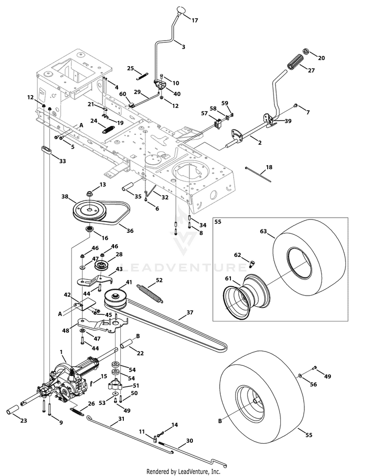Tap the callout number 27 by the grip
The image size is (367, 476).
click(311, 71)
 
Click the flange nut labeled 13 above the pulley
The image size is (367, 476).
click(90, 193)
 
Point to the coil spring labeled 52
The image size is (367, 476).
click(150, 293)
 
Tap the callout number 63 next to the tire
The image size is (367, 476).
click(263, 231)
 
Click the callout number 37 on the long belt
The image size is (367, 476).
click(190, 312)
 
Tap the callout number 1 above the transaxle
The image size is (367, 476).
click(62, 352)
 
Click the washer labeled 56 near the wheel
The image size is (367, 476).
click(299, 376)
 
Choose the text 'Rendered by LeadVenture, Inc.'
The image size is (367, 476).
click(183, 472)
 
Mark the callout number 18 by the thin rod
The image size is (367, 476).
click(269, 167)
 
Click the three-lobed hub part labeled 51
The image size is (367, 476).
click(115, 385)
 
